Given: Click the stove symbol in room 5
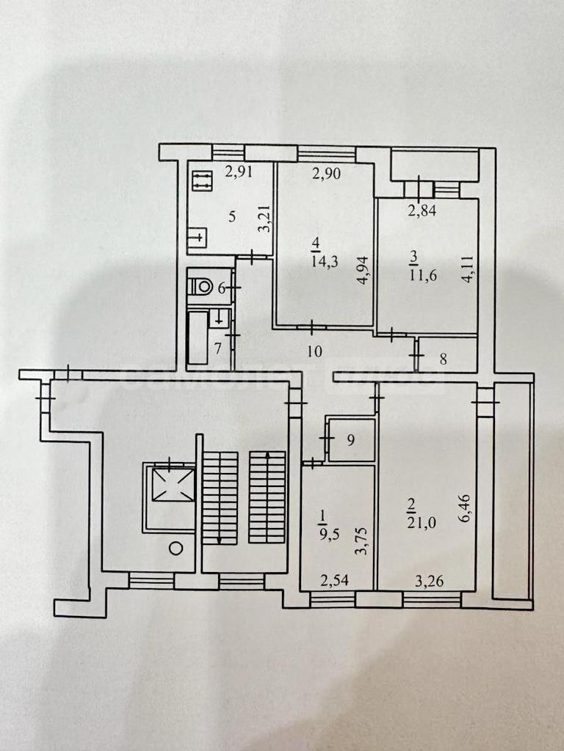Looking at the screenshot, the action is (x=201, y=180).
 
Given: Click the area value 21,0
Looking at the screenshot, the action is (x=423, y=522).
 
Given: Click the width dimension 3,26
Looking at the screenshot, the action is (x=429, y=581).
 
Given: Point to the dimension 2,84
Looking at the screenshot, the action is (x=422, y=210).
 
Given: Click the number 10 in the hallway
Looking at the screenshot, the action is (x=314, y=351).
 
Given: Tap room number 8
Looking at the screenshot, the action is (x=443, y=359).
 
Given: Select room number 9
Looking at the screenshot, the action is (x=350, y=440).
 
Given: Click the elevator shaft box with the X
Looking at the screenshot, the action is (x=173, y=484).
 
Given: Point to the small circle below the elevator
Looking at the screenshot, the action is (x=176, y=548).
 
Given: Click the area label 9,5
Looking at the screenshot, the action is (x=329, y=534).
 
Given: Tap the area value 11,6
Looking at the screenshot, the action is (x=424, y=276).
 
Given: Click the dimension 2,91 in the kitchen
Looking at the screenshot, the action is (x=239, y=172).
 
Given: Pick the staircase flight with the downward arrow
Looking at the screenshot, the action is (x=220, y=498).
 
